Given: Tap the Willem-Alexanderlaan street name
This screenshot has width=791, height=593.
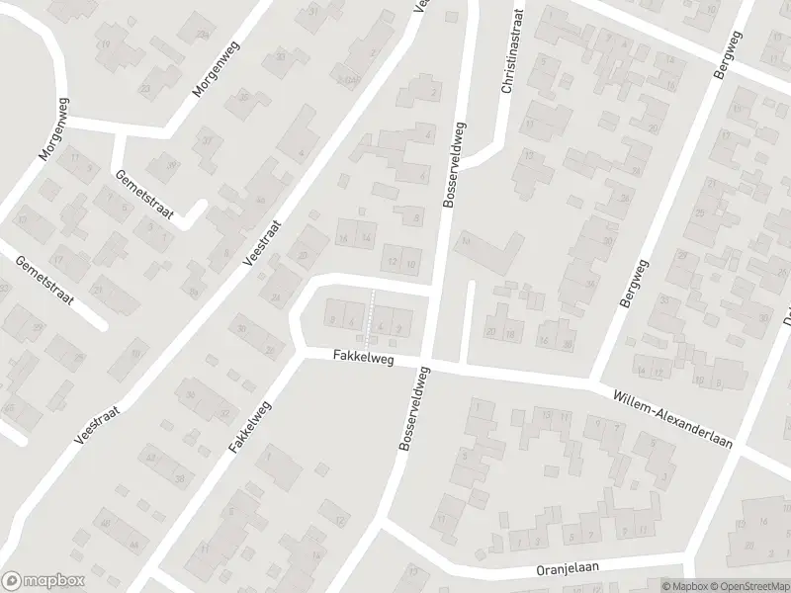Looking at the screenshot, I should pos(671,416).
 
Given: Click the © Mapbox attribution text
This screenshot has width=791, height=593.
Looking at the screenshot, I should pos(684,586).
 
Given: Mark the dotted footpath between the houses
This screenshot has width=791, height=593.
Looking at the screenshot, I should pos(371,310).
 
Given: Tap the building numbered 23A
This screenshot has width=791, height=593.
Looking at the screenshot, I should pos(149,87).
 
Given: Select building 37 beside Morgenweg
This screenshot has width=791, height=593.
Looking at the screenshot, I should pos(207,143).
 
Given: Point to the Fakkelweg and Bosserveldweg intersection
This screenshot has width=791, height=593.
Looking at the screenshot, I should pos(426,362).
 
